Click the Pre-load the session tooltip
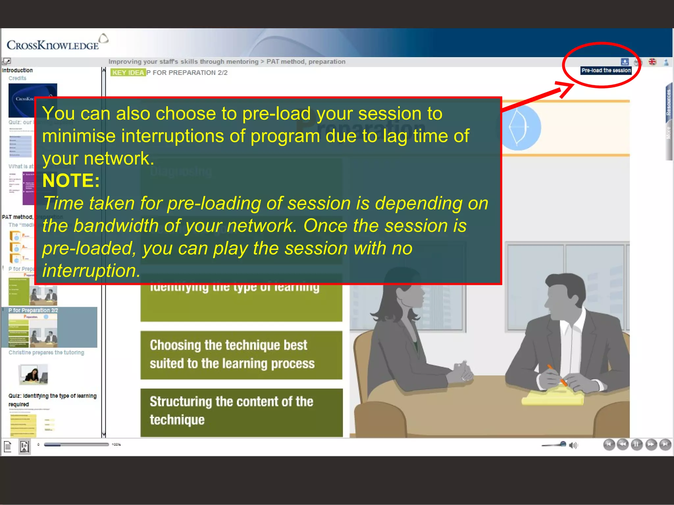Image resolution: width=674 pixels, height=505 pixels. [606, 70]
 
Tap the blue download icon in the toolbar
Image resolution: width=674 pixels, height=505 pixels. [624, 62]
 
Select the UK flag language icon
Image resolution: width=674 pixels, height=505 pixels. [652, 62]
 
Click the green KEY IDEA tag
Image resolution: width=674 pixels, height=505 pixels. [128, 73]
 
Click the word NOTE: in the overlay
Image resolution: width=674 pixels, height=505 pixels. [71, 180]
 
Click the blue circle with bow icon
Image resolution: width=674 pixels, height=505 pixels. [519, 128]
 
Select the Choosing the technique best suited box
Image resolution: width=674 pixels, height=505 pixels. [241, 355]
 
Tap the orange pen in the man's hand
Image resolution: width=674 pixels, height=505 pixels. [556, 375]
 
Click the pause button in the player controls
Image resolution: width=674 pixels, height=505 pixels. [636, 445]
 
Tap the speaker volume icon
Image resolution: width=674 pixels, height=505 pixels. [573, 445]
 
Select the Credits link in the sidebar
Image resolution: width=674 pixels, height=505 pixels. [17, 78]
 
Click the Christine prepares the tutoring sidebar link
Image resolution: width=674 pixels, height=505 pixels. [46, 352]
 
